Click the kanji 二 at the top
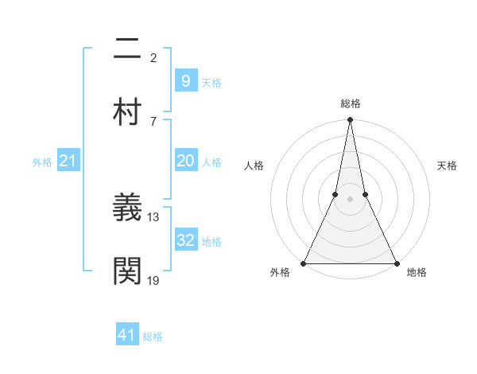128,50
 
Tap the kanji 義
128,209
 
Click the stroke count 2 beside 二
153,57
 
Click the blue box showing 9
185,80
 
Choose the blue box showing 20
185,161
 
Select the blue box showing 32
185,240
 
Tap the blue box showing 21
68,162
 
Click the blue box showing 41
127,335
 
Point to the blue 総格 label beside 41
153,337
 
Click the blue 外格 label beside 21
42,162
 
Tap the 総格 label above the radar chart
350,103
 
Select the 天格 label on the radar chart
447,166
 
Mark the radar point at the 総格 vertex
350,121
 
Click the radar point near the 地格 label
396,263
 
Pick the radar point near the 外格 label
304,263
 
